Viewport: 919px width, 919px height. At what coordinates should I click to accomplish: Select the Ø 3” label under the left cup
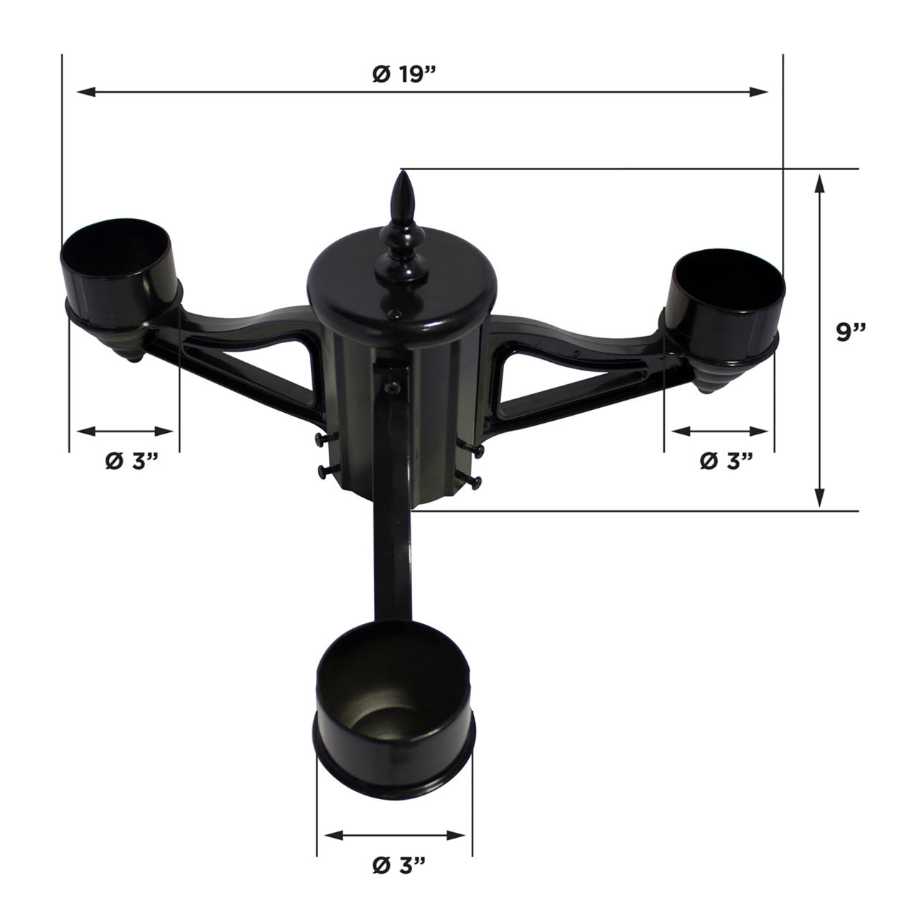pyautogui.click(x=131, y=460)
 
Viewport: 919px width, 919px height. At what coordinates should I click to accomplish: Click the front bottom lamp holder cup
pyautogui.click(x=395, y=686)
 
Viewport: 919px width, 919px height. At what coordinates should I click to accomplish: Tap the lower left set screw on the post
pyautogui.click(x=323, y=471)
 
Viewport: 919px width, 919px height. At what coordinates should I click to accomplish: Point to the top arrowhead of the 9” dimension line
pyautogui.click(x=820, y=184)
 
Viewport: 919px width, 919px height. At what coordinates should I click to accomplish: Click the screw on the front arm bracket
pyautogui.click(x=391, y=386)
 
